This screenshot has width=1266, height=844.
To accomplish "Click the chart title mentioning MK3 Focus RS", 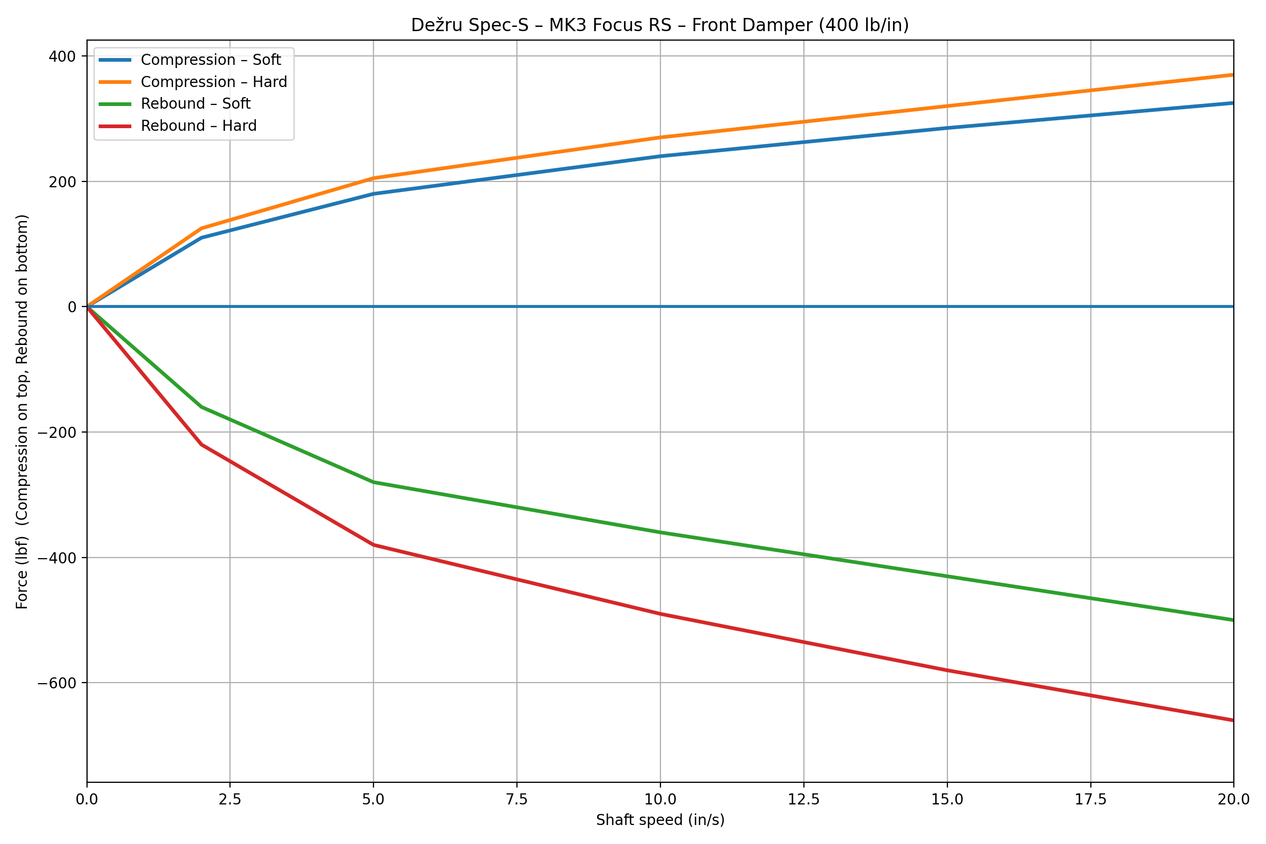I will point(660,25).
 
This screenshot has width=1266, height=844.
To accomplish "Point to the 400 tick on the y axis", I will point(62,56).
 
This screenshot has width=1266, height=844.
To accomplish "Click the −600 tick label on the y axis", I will point(57,683).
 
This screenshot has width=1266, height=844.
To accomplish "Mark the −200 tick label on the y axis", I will point(57,432).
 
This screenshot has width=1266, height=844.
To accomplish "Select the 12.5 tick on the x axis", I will point(803,800).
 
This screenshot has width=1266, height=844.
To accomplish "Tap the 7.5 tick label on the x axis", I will point(517,800).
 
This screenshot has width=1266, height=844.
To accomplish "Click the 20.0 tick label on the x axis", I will point(1233,800).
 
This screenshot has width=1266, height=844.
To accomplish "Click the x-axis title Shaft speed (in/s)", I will point(660,820).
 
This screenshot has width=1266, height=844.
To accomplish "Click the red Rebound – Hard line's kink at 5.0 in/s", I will point(373,545).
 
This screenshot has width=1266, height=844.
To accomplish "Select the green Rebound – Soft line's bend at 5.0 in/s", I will point(373,482).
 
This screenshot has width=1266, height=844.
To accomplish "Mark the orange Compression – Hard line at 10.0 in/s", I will point(660,137).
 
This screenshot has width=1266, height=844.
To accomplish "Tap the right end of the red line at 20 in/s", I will point(1233,720).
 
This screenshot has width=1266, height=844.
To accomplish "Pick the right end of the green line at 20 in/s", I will point(1233,620).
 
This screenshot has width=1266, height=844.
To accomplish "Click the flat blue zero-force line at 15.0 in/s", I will point(947,307).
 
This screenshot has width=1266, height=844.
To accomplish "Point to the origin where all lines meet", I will point(87,307).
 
